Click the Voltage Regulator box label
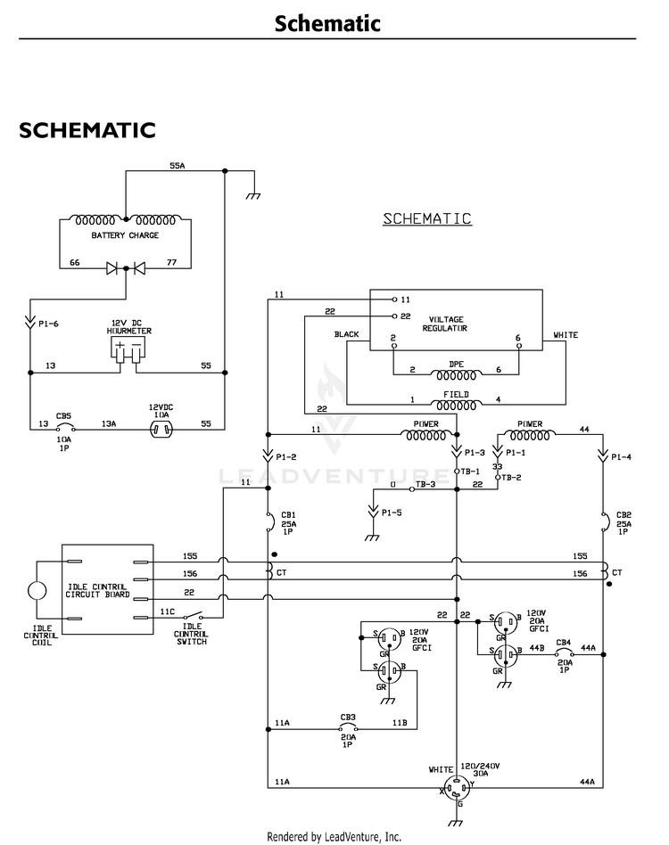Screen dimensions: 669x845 click(445, 324)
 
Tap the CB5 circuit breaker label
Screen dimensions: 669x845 click(63, 416)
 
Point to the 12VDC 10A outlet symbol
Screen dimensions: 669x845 click(161, 430)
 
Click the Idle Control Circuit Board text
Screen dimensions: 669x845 click(97, 591)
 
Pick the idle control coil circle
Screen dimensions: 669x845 click(37, 591)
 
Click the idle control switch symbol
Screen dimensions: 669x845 click(193, 615)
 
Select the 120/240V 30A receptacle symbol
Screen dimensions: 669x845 click(457, 789)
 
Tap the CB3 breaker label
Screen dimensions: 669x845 click(348, 718)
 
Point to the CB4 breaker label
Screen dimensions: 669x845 click(564, 643)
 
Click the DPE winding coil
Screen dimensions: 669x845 click(456, 375)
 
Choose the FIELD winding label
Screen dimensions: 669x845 click(456, 395)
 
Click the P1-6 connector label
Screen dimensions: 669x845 click(48, 324)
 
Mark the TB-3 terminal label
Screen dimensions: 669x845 click(425, 485)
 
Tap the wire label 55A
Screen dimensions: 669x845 click(178, 166)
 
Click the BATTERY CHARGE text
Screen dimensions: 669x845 click(125, 235)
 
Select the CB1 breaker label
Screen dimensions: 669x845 click(288, 515)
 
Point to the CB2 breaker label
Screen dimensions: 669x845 click(624, 515)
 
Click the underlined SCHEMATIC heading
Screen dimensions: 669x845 click(427, 218)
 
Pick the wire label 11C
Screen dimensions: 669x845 click(168, 611)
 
